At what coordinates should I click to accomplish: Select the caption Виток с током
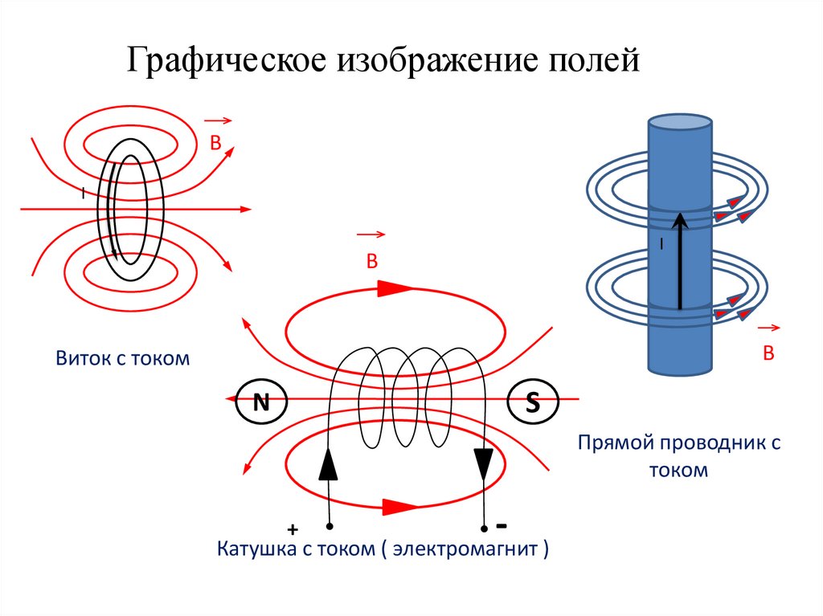[x=123, y=358]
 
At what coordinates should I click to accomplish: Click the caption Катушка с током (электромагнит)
[x=383, y=550]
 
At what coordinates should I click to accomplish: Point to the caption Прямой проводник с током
[x=679, y=456]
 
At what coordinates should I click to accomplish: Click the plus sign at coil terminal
[x=293, y=530]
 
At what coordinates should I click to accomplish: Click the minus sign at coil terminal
[x=501, y=527]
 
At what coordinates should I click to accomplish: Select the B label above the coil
[x=371, y=261]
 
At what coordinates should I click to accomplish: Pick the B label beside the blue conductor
[x=768, y=353]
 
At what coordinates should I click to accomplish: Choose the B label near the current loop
[x=215, y=144]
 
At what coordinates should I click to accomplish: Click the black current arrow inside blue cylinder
[x=680, y=260]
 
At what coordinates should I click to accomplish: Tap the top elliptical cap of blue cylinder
[x=680, y=122]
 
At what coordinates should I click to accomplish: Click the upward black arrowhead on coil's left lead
[x=329, y=464]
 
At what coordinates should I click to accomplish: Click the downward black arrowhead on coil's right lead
[x=483, y=464]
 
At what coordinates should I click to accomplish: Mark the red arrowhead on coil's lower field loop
[x=400, y=507]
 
